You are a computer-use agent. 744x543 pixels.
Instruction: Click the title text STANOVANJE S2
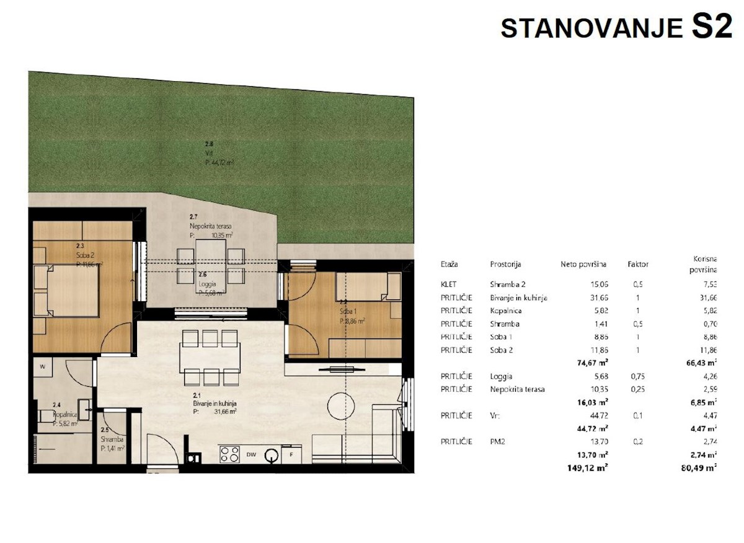click(x=616, y=28)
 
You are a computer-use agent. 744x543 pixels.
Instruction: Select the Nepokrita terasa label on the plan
click(x=211, y=227)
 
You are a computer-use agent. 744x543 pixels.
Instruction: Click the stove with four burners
click(x=229, y=454)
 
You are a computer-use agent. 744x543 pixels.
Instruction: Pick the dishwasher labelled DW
click(x=251, y=455)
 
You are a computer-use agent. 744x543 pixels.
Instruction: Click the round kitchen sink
click(x=271, y=456)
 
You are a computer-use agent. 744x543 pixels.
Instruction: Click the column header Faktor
click(x=637, y=264)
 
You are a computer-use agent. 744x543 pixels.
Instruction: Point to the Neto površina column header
click(x=583, y=264)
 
